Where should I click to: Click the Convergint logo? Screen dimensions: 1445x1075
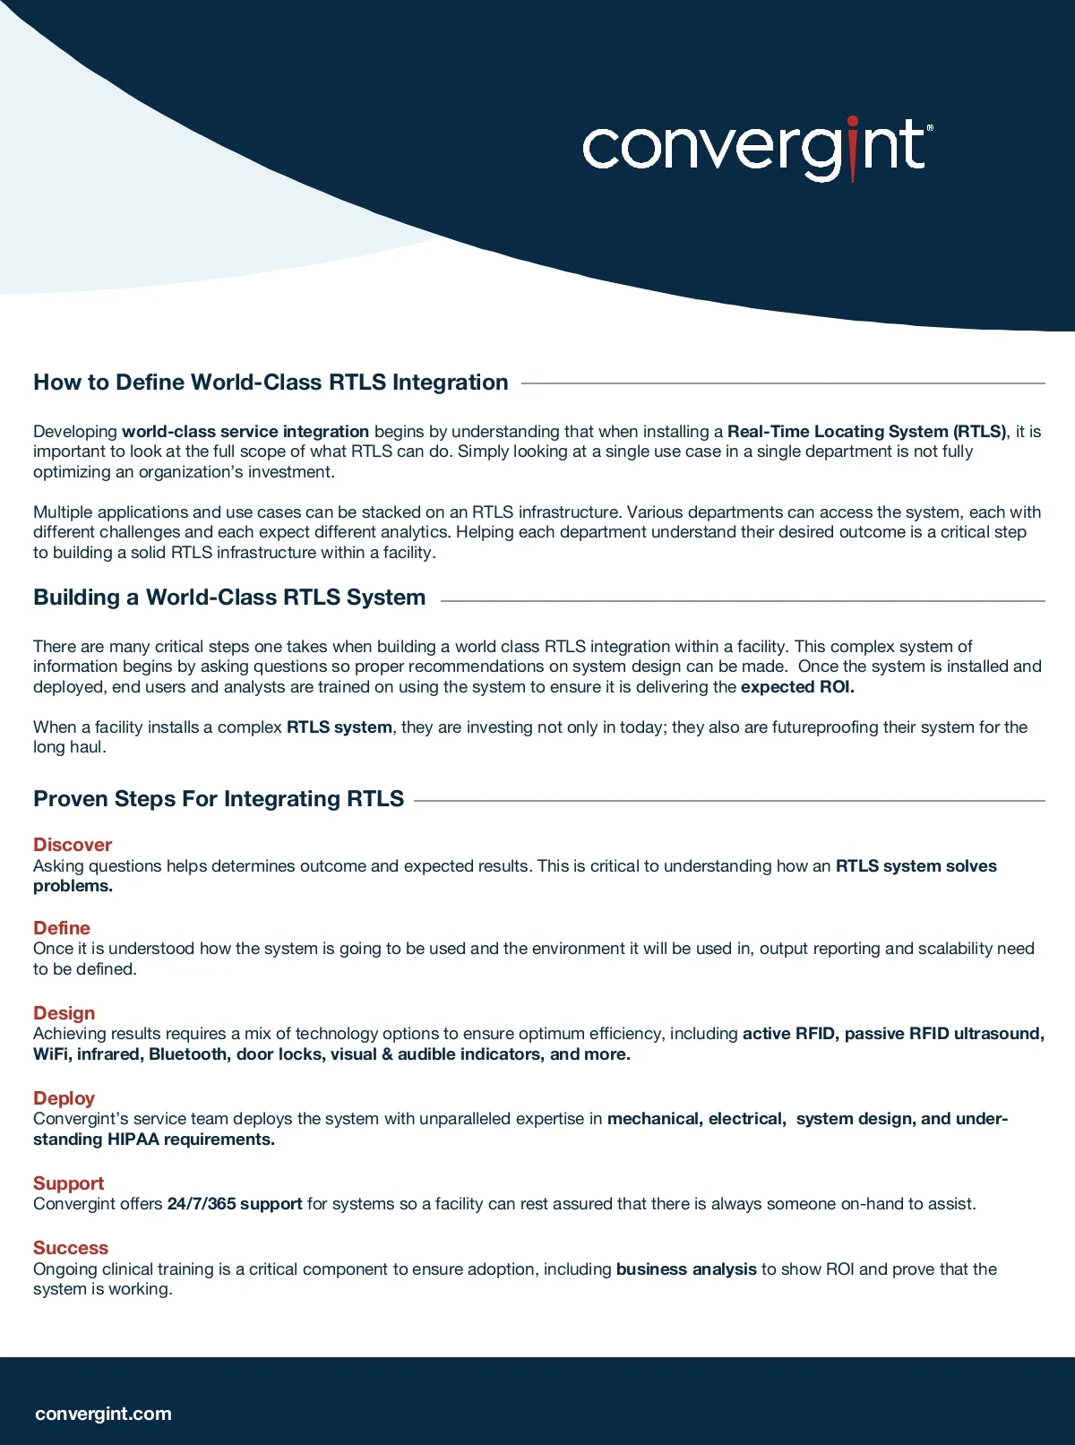(x=757, y=148)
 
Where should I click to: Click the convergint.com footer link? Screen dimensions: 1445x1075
(x=103, y=1414)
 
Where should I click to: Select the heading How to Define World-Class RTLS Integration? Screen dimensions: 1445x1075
(x=271, y=383)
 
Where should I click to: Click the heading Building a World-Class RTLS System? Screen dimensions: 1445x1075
(x=229, y=598)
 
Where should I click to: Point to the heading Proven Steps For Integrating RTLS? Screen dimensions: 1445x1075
(x=219, y=799)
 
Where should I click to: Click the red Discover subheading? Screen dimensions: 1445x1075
(x=73, y=845)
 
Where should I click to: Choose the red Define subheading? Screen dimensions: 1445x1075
(x=62, y=928)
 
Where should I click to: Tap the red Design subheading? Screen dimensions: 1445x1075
(x=64, y=1013)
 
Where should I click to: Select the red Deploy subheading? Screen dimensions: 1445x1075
(x=64, y=1098)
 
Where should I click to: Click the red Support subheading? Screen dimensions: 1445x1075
(x=68, y=1183)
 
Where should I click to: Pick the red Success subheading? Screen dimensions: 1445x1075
(x=71, y=1248)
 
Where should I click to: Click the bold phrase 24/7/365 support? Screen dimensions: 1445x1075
(x=235, y=1204)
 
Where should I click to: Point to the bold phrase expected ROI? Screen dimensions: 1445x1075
(x=797, y=687)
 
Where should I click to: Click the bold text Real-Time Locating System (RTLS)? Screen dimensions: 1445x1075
(x=866, y=432)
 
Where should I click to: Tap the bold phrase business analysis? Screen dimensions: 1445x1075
(x=686, y=1269)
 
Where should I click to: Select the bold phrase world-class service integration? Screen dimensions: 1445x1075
(x=245, y=432)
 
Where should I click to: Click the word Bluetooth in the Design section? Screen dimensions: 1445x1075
(x=187, y=1054)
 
